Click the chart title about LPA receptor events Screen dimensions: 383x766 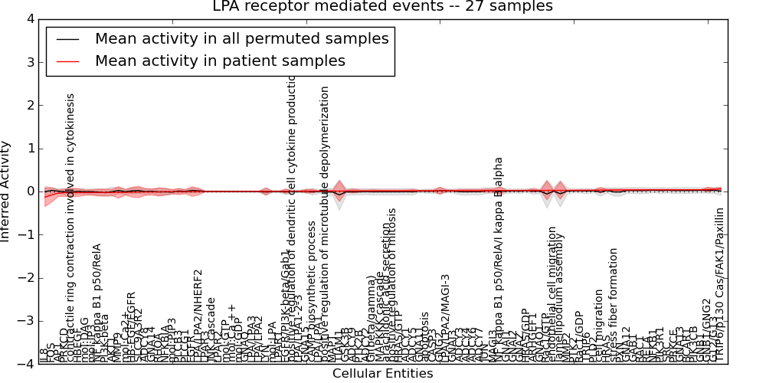382,7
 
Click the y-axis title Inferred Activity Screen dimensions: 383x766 6,191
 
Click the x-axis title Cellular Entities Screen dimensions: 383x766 382,374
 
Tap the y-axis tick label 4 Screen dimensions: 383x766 30,19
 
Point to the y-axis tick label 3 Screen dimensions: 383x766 30,62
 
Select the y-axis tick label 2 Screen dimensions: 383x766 30,105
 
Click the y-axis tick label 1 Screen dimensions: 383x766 30,149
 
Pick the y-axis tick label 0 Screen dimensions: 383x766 30,191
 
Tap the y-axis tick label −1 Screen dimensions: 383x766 27,234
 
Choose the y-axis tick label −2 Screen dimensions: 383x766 27,278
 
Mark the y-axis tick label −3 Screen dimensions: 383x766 27,321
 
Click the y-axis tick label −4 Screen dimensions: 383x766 27,364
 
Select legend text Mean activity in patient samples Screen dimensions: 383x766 220,61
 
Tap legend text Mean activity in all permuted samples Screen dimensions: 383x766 241,38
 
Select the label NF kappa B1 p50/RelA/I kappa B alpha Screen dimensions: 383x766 499,260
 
